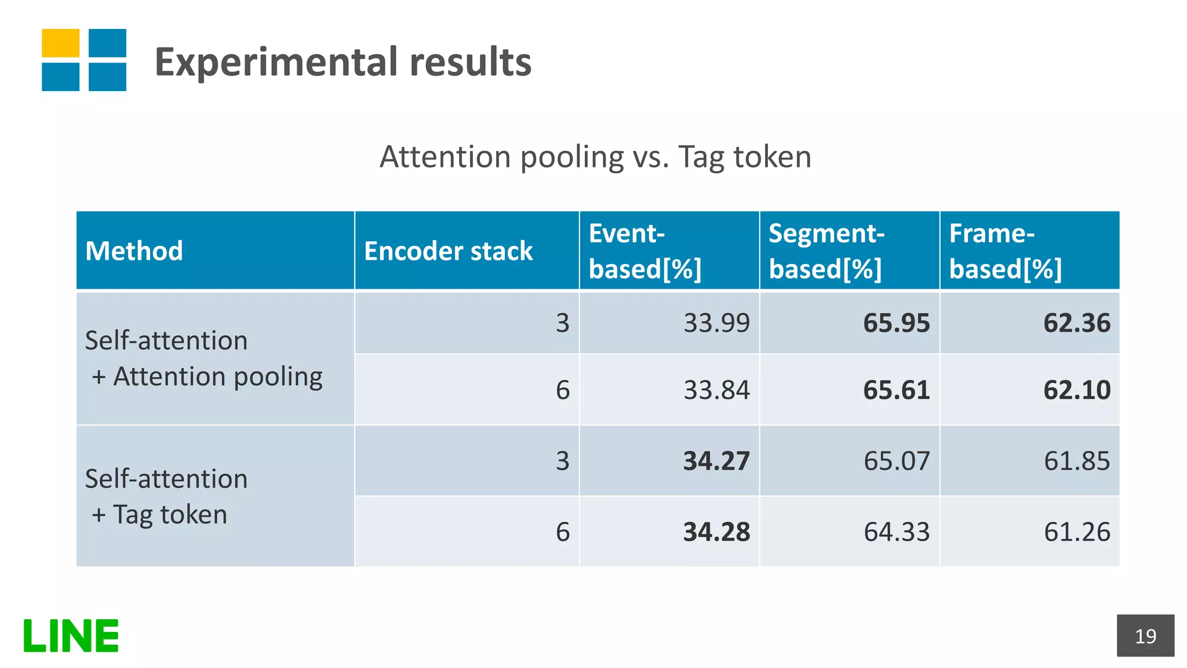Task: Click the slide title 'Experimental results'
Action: point(343,62)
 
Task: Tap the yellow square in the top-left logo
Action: point(60,43)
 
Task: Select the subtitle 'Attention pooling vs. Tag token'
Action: point(595,157)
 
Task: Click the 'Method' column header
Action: point(134,251)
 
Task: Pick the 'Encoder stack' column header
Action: point(448,251)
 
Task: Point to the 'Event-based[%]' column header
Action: point(645,251)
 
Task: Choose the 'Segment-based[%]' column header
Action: point(826,251)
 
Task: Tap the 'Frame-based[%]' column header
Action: point(1005,251)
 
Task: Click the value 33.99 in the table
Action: point(716,323)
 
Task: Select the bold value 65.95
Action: point(896,323)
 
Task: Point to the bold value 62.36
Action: point(1076,323)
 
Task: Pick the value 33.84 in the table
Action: point(716,390)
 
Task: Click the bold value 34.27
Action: point(716,461)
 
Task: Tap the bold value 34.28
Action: point(716,532)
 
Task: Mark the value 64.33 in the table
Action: point(896,532)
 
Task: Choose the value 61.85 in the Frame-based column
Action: point(1076,461)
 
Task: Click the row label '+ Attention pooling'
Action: point(207,377)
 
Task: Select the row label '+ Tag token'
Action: point(159,515)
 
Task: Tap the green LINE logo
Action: point(71,636)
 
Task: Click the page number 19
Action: point(1145,636)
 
